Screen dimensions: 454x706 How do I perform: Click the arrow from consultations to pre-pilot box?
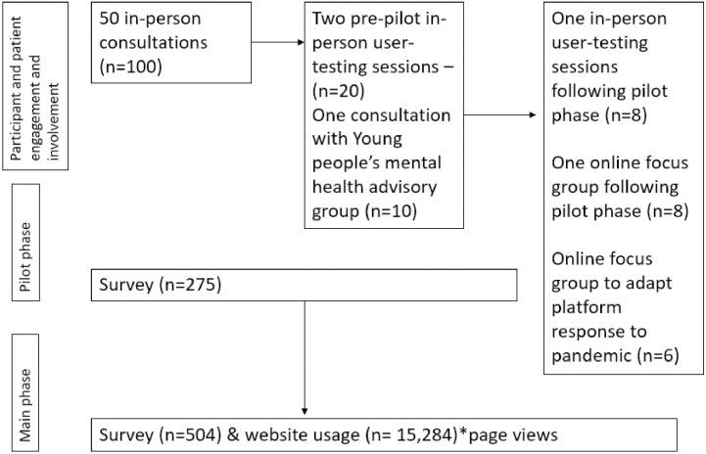[x=278, y=43]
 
